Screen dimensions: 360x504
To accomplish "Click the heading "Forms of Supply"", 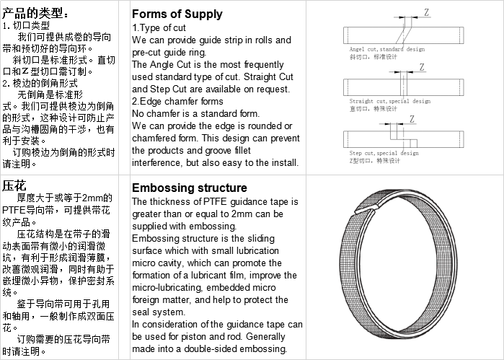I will point(177,14).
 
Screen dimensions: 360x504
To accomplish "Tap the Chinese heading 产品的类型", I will point(36,12).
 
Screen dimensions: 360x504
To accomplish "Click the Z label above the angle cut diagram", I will point(427,12).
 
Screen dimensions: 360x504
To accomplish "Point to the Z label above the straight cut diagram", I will point(422,66).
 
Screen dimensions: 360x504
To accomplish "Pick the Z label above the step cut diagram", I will point(412,119).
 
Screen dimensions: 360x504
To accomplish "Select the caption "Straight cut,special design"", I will point(389,102).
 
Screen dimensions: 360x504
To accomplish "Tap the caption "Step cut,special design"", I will point(384,154).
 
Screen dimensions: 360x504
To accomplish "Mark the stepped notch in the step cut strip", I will point(399,138).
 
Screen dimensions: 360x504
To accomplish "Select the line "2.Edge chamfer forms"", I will point(177,101).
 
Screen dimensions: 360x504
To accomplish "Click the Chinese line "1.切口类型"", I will point(26,25).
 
